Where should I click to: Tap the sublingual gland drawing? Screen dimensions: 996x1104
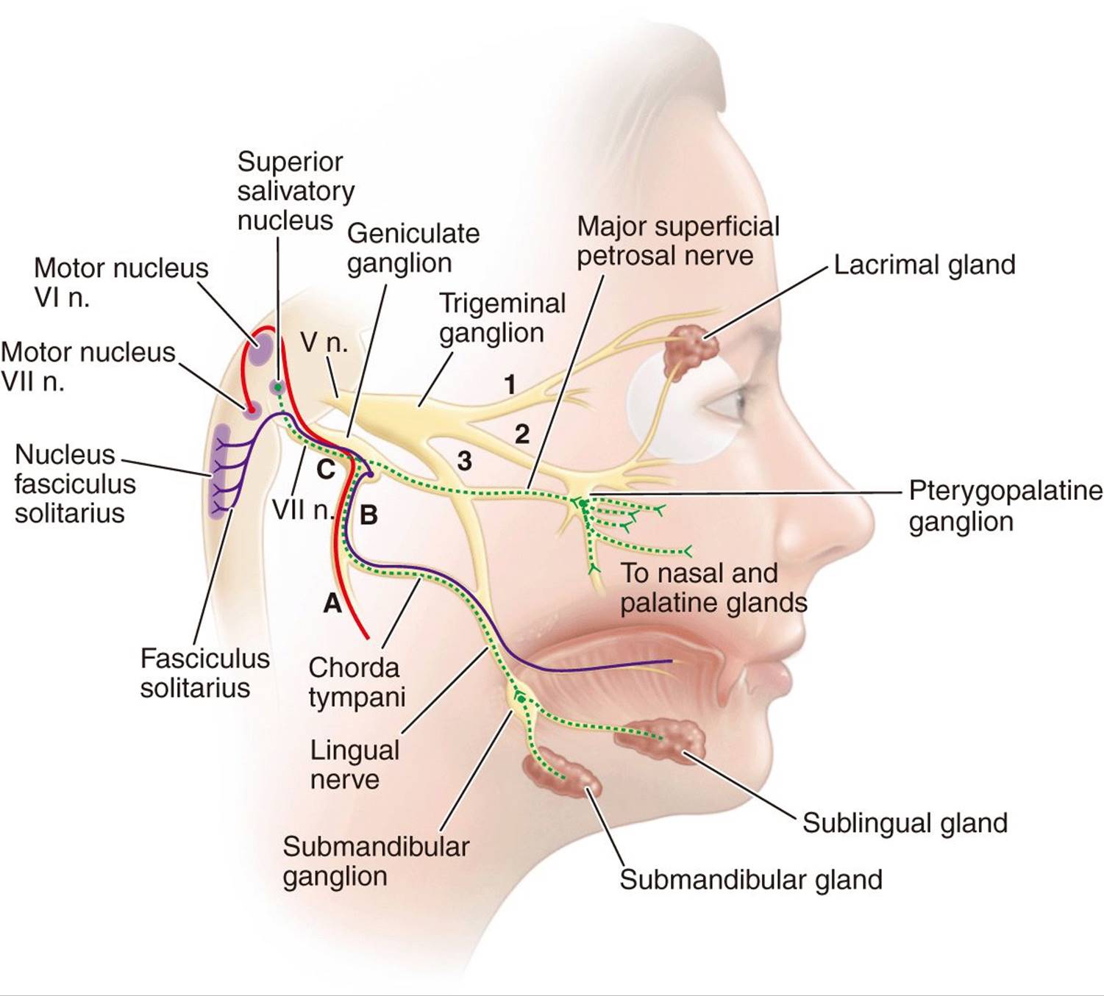point(666,737)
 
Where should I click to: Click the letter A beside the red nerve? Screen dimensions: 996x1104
point(332,603)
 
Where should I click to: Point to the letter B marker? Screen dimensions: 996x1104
point(368,515)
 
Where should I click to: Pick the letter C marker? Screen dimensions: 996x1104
point(325,469)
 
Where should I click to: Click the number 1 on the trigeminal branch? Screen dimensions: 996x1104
point(510,384)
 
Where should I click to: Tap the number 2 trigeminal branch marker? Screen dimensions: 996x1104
point(521,434)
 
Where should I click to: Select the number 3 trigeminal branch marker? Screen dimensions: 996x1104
point(464,461)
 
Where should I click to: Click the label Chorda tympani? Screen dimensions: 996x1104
point(356,682)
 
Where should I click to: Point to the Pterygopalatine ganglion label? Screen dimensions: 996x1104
point(1005,506)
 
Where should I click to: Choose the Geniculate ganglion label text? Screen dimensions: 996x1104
point(413,248)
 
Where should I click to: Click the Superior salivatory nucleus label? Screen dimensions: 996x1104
point(295,190)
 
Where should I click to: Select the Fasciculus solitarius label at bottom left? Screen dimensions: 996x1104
point(204,673)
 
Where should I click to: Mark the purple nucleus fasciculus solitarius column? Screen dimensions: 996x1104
point(219,470)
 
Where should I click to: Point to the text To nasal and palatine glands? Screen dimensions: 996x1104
point(713,587)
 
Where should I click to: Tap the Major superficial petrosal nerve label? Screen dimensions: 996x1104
point(677,240)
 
